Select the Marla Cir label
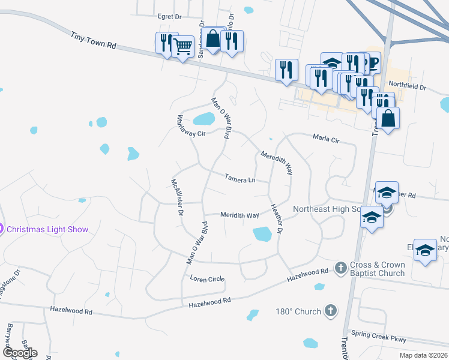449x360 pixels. [326, 139]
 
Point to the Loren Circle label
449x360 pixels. [206, 279]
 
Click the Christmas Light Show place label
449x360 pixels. [47, 229]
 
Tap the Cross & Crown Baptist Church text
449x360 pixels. [378, 269]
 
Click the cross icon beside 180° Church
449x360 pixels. [330, 311]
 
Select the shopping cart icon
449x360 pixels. [182, 45]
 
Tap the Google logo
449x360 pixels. [19, 353]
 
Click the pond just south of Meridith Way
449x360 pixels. [262, 233]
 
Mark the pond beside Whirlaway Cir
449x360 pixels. [203, 118]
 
